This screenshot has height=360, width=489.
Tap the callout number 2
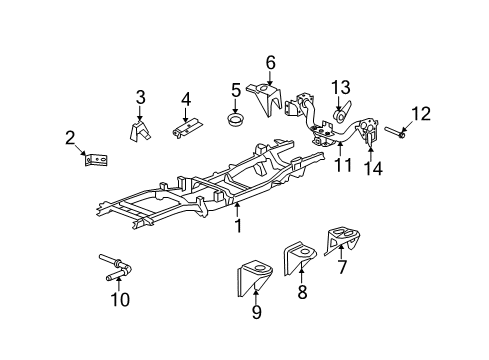click(x=70, y=137)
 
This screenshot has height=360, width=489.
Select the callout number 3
click(x=141, y=97)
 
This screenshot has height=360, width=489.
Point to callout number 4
click(x=185, y=99)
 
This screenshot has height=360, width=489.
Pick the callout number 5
click(x=236, y=90)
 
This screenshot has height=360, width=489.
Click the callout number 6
click(x=270, y=63)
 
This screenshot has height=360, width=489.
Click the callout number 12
click(x=420, y=113)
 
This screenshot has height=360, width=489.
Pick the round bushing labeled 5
click(x=237, y=122)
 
